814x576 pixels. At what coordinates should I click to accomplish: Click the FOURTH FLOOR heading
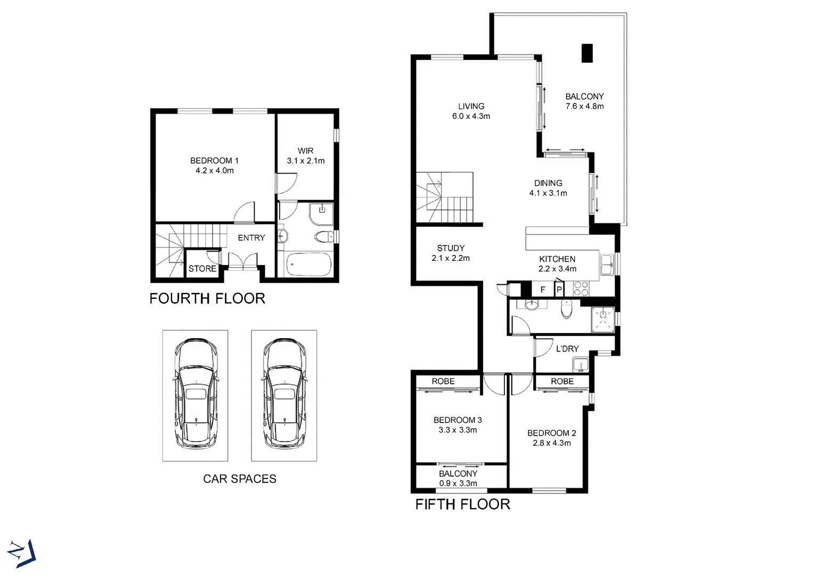(x=207, y=299)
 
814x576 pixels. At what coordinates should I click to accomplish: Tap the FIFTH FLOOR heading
(x=462, y=505)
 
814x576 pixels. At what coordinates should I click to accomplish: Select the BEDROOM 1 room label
(x=214, y=161)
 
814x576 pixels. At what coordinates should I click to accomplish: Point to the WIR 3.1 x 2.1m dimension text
(x=306, y=161)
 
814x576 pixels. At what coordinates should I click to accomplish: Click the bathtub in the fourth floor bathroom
(x=308, y=265)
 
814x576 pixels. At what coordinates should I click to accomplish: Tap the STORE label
(x=202, y=269)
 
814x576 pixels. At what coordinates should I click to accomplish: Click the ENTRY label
(x=251, y=238)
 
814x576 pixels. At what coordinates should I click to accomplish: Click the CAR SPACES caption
(x=240, y=479)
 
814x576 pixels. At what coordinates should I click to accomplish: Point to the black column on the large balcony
(x=587, y=53)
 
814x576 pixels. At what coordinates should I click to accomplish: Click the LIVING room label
(x=471, y=106)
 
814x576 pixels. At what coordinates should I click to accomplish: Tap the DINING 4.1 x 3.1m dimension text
(x=548, y=193)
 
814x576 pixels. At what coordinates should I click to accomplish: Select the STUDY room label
(x=451, y=248)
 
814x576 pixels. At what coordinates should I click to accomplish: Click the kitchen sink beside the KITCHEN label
(x=607, y=265)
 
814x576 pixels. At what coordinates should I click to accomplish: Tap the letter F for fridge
(x=543, y=290)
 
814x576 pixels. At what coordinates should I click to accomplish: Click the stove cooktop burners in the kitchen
(x=581, y=289)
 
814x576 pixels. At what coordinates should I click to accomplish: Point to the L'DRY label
(x=567, y=349)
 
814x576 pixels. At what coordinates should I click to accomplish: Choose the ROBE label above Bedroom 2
(x=562, y=381)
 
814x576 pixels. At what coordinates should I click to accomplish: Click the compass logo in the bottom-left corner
(x=22, y=553)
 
